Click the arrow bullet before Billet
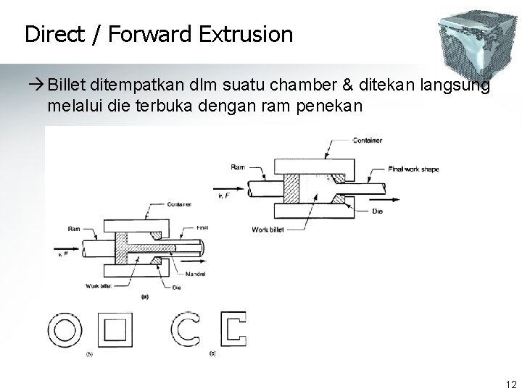pos(35,85)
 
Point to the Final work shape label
pos(413,169)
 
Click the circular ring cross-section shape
pos(62,330)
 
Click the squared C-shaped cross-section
pos(235,330)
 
